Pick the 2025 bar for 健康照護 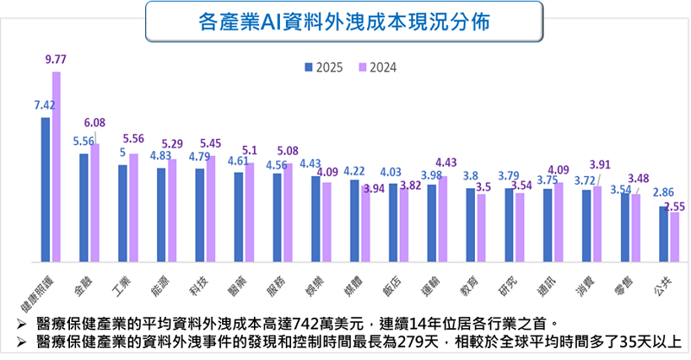point(45,189)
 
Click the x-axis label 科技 point(198,283)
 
